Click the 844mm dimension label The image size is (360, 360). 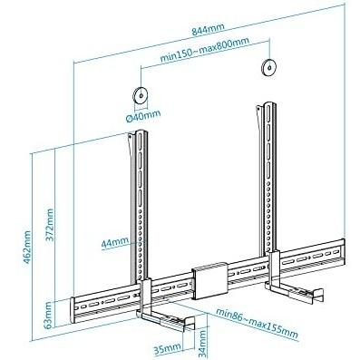coord(209,30)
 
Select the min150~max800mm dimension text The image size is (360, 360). coord(205,50)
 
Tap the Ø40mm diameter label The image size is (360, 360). coord(143,116)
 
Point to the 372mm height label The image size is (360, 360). coord(49,225)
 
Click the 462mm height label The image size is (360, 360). coord(26,248)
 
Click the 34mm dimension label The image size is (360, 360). coord(202,344)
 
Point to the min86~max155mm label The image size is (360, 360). coord(257,324)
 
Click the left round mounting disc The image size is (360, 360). coord(141,95)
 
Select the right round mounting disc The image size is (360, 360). coord(268,67)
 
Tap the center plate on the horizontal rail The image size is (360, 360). coord(209,281)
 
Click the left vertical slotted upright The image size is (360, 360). coord(140,207)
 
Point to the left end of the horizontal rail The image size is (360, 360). coord(73,310)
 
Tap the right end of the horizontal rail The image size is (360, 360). coord(343,251)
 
